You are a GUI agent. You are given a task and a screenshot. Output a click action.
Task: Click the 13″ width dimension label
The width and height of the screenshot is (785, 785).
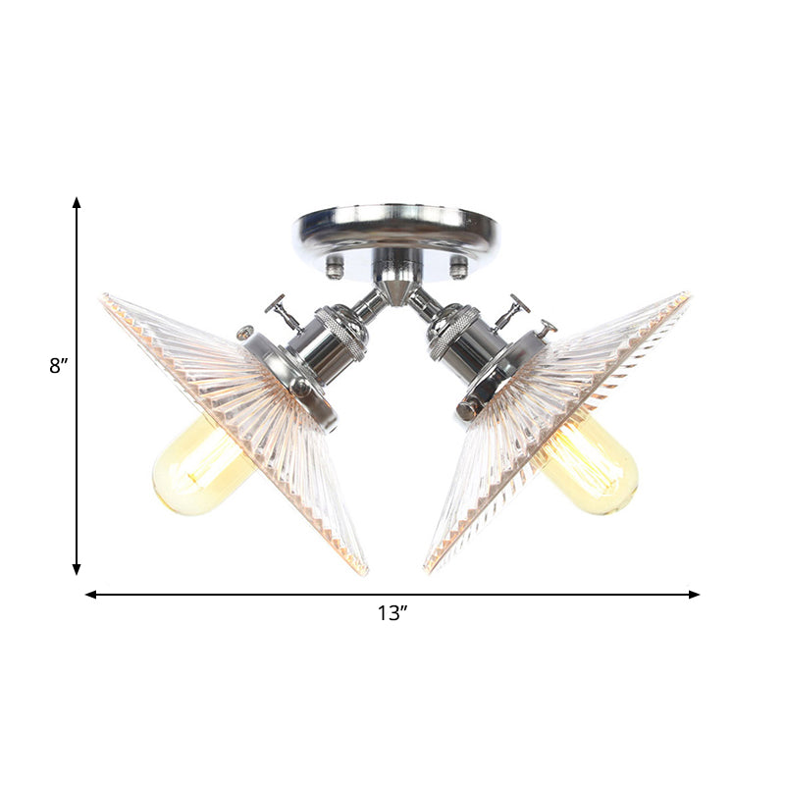click(392, 614)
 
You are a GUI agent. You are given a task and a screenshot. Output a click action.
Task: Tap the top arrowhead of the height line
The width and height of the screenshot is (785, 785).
click(77, 201)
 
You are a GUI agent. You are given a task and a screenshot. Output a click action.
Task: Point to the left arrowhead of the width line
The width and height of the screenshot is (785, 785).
click(90, 594)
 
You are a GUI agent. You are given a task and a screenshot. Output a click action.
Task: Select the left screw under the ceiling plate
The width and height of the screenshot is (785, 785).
click(336, 264)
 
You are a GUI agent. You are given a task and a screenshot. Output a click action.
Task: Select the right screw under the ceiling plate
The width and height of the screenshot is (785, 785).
click(456, 264)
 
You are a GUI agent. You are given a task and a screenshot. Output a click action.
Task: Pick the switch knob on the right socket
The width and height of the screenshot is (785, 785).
click(513, 310)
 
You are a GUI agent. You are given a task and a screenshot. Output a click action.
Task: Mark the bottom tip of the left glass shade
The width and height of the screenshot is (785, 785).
click(364, 571)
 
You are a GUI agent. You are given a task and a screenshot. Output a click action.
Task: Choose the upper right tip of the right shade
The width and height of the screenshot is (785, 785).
click(687, 294)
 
